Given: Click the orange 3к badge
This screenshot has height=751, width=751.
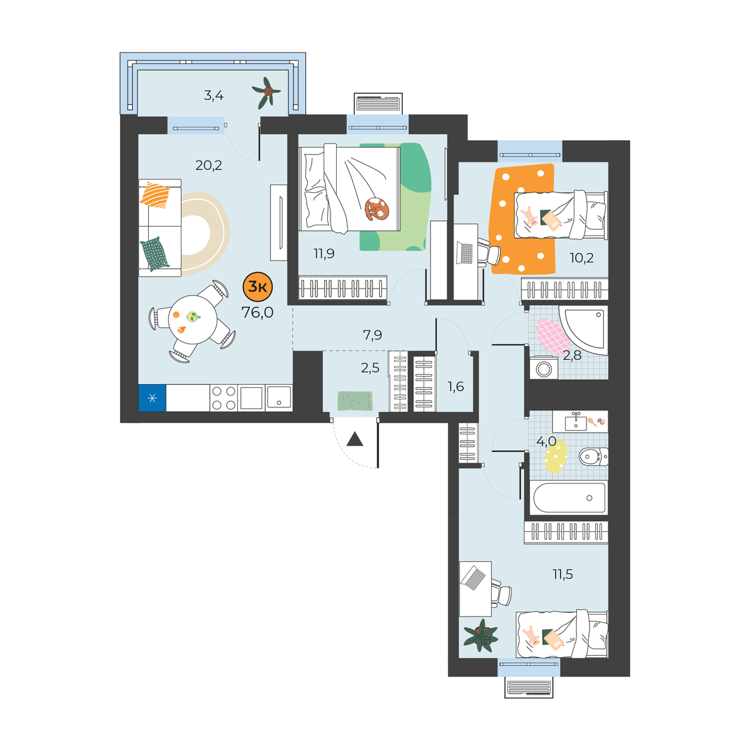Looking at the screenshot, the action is [258, 287].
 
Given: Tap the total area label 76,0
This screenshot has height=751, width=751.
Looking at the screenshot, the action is [258, 312].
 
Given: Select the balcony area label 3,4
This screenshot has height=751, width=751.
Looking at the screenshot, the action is [213, 96].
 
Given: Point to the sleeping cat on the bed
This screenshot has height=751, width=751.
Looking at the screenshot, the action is [377, 209].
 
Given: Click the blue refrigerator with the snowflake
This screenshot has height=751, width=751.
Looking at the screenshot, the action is [152, 398].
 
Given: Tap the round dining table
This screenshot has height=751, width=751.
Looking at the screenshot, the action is [193, 320].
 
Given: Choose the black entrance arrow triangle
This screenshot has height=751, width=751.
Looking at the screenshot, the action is [355, 439].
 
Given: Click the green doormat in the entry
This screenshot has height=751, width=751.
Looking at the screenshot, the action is [355, 401].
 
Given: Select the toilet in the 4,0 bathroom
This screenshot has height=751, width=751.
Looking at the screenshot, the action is [593, 456].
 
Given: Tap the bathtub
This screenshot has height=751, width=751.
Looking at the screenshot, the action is [569, 498].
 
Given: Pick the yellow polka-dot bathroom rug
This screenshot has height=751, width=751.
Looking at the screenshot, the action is [556, 456].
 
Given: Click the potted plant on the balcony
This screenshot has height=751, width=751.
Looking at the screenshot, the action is [267, 93].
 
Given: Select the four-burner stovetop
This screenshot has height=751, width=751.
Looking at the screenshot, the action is [223, 398].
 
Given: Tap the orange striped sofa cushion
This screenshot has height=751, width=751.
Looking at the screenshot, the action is [155, 195].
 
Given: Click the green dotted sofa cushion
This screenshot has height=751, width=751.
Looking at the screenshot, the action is [155, 253].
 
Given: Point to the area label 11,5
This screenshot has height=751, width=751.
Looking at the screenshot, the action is [563, 574].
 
